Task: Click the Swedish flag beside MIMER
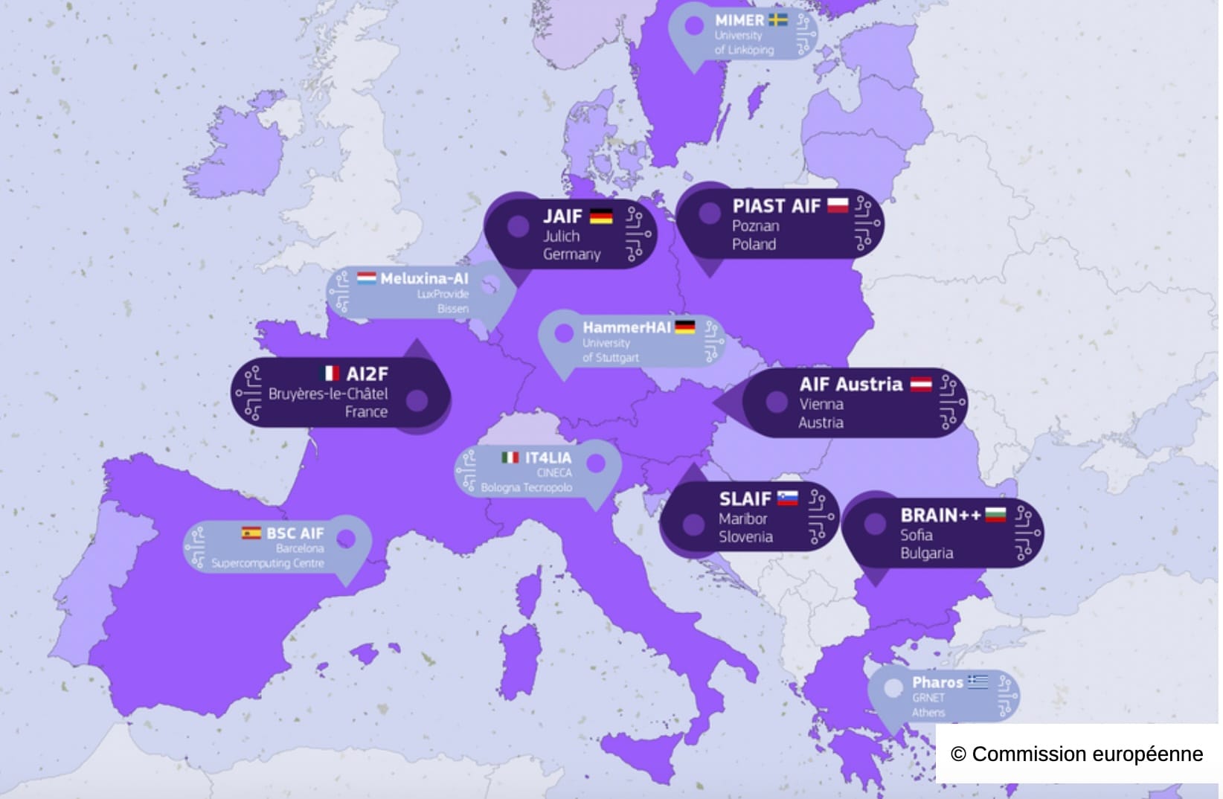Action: [x=778, y=20]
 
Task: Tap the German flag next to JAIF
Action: [x=601, y=216]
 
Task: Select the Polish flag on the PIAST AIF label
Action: [x=838, y=205]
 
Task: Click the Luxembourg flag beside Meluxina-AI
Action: [x=366, y=278]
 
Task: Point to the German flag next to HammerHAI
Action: [x=684, y=327]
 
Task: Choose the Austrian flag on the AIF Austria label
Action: [x=921, y=385]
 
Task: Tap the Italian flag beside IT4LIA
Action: [x=510, y=458]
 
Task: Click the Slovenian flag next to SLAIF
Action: [x=787, y=498]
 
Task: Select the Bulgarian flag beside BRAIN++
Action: [x=995, y=514]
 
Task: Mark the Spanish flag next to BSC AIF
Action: [x=251, y=533]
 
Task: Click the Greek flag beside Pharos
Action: [x=978, y=681]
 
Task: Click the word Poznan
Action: [x=755, y=226]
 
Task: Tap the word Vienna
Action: [x=821, y=404]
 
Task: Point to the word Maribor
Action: [x=742, y=519]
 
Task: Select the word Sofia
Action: [x=916, y=535]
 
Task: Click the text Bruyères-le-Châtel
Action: [x=328, y=394]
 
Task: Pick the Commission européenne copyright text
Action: [x=1076, y=754]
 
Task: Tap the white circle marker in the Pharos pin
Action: [x=893, y=688]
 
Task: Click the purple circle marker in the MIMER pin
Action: [x=694, y=26]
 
